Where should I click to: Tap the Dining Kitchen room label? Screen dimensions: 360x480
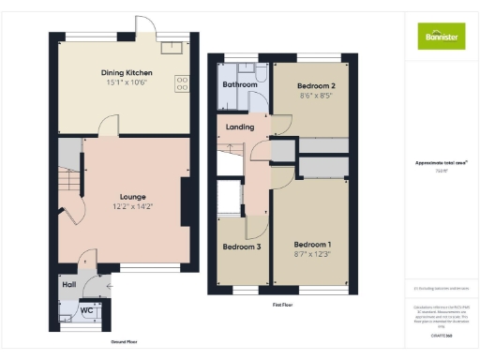(127, 73)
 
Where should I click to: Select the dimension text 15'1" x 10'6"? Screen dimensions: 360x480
(127, 82)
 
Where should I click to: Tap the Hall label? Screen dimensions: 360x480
(68, 284)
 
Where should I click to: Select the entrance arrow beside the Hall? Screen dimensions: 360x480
(111, 284)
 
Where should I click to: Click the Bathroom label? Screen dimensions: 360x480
(239, 84)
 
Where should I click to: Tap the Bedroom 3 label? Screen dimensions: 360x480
(241, 247)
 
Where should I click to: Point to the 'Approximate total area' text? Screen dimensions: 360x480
(440, 162)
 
